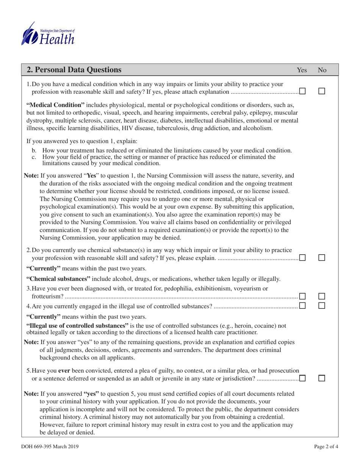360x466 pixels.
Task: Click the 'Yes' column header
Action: point(302,70)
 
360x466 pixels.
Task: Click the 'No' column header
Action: point(322,70)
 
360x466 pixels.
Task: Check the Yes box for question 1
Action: point(303,91)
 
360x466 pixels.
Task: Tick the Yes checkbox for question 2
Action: point(303,258)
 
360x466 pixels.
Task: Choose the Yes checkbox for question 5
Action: point(303,378)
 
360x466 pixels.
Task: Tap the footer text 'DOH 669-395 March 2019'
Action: point(50,447)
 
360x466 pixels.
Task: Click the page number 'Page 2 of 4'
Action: point(326,447)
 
